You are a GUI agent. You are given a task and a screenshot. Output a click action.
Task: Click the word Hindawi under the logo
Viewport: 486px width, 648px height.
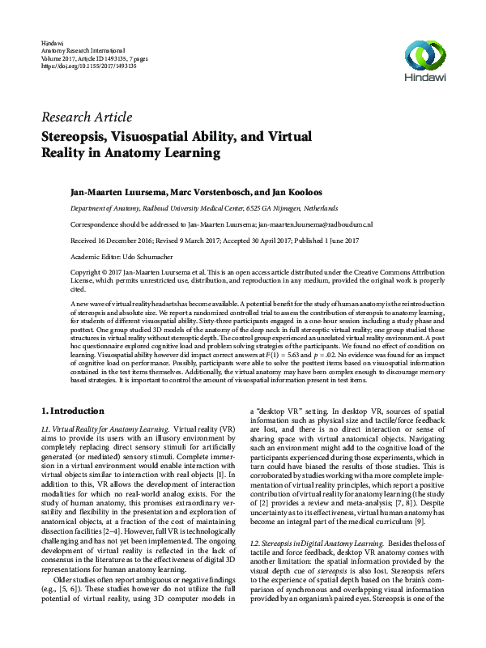pos(424,79)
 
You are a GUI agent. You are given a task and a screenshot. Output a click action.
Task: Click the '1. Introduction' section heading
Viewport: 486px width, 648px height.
pos(73,410)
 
